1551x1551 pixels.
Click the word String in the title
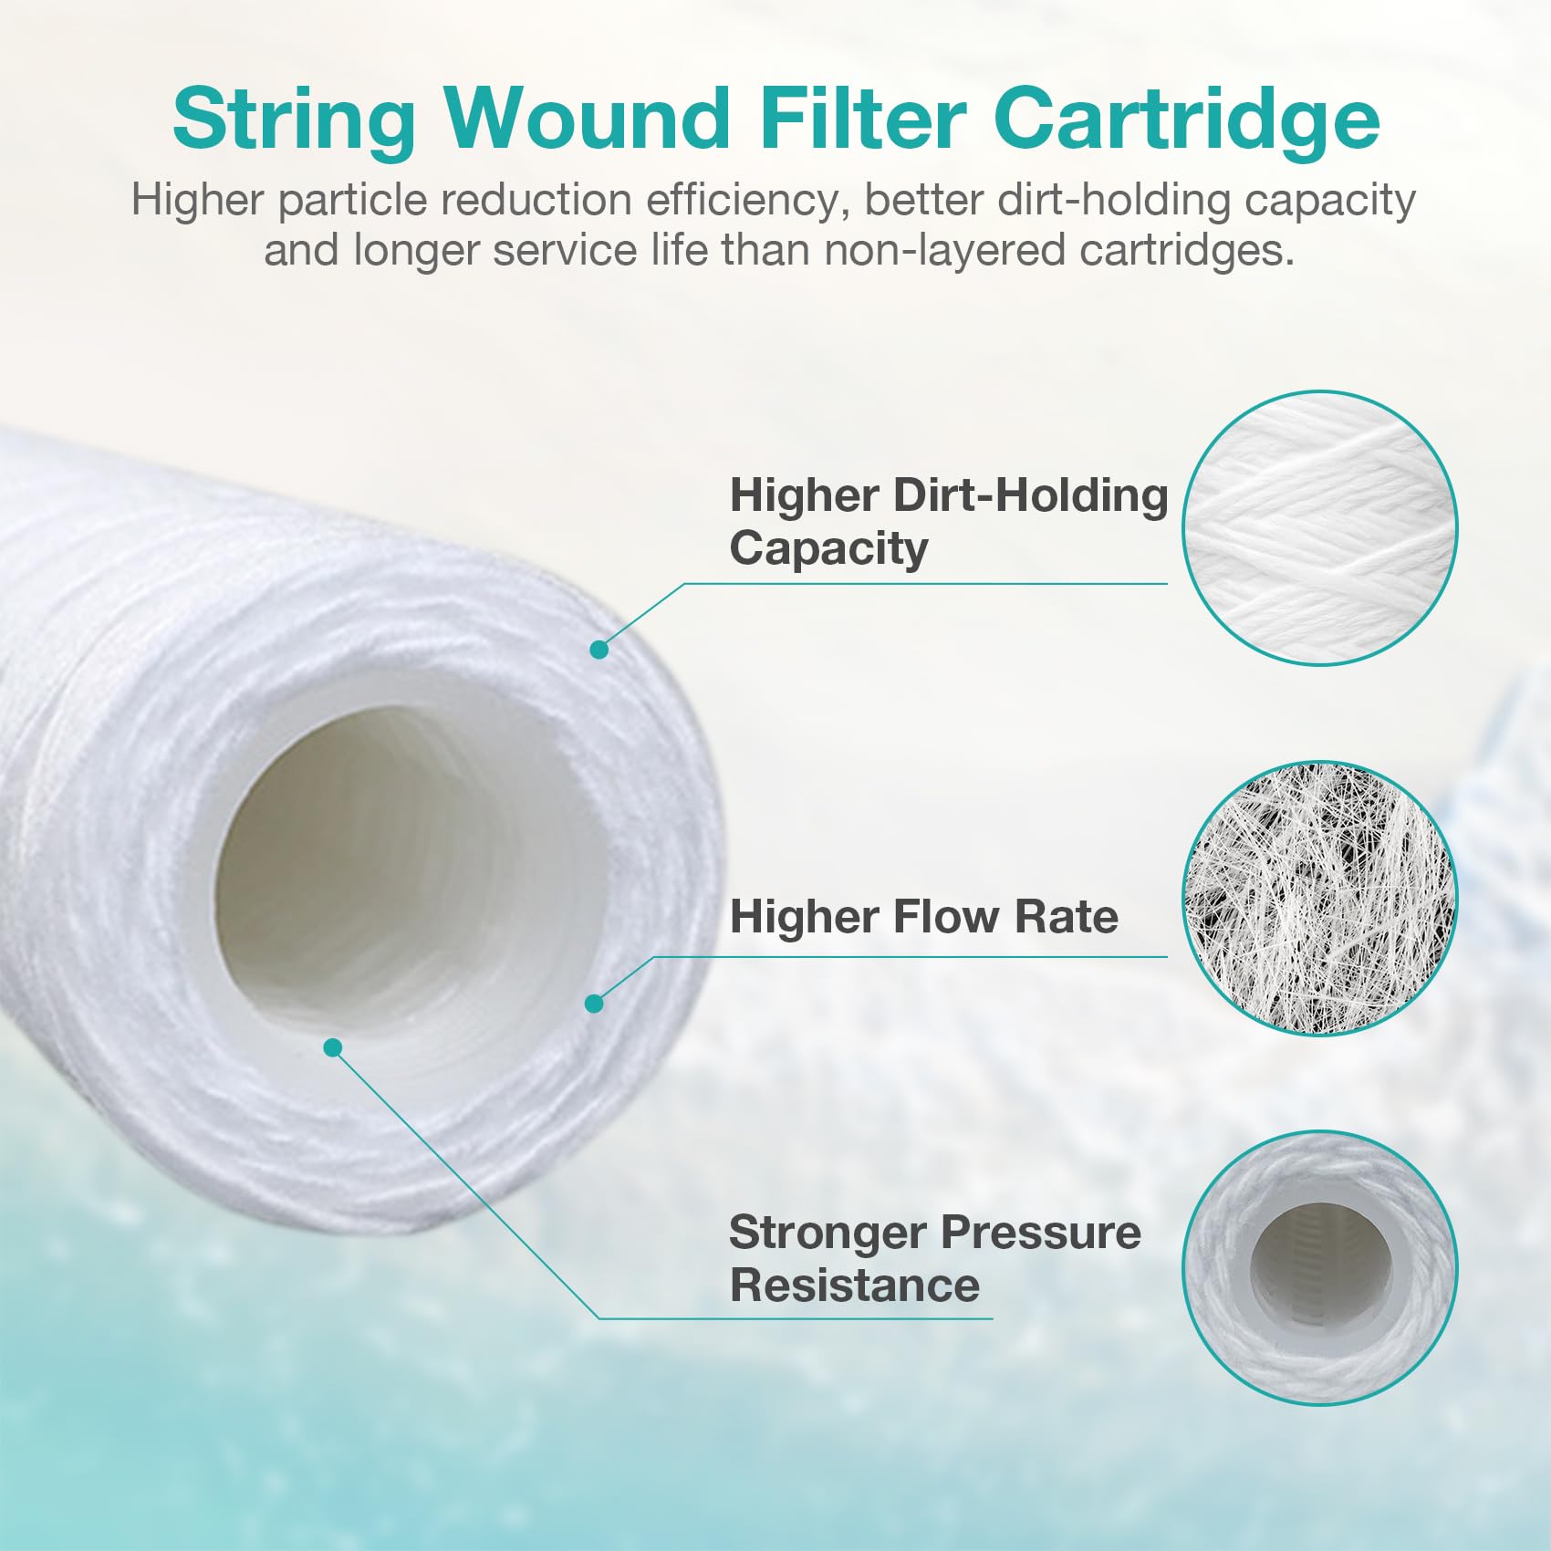pyautogui.click(x=294, y=120)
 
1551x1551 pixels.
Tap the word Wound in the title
pyautogui.click(x=588, y=119)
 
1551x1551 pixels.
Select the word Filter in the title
pyautogui.click(x=862, y=119)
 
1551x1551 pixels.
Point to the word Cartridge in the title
pyautogui.click(x=1186, y=120)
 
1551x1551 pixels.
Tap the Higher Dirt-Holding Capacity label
pyautogui.click(x=948, y=522)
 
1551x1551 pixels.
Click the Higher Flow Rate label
pyautogui.click(x=923, y=916)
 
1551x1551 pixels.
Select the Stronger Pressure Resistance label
pyautogui.click(x=934, y=1258)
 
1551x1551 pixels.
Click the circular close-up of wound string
pyautogui.click(x=1319, y=528)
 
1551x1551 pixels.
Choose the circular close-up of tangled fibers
pyautogui.click(x=1319, y=899)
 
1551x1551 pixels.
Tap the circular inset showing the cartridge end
pyautogui.click(x=1319, y=1268)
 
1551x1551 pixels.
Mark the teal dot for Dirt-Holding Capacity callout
pyautogui.click(x=599, y=650)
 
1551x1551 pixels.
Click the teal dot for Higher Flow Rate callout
pyautogui.click(x=594, y=1004)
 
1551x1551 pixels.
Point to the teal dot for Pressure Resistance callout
pyautogui.click(x=333, y=1047)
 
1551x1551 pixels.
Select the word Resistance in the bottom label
pyautogui.click(x=855, y=1285)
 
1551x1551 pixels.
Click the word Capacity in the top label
pyautogui.click(x=828, y=548)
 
